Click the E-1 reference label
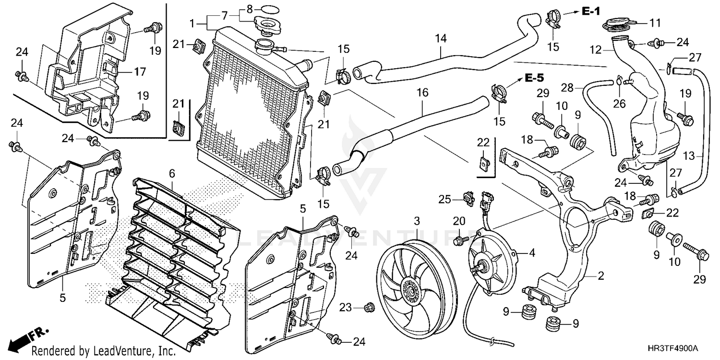click(x=591, y=12)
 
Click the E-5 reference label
click(x=535, y=78)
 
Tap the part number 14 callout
click(x=441, y=38)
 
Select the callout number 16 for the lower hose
click(x=422, y=93)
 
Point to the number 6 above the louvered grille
click(x=172, y=174)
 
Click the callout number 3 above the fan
click(x=417, y=221)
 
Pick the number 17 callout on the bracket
click(x=140, y=72)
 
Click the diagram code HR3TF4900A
click(x=679, y=348)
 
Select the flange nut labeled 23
click(x=369, y=308)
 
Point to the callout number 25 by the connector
click(x=445, y=200)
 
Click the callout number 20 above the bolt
click(x=459, y=221)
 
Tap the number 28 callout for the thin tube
click(x=567, y=87)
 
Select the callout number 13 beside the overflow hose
click(x=689, y=156)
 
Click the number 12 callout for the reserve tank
click(x=596, y=50)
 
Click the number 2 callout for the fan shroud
click(x=601, y=276)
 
